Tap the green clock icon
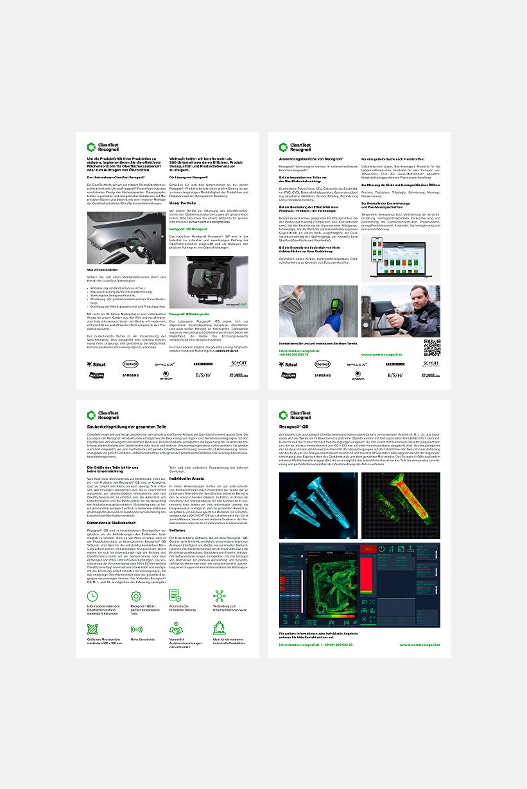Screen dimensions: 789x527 click(x=92, y=595)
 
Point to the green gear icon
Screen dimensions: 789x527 click(x=135, y=595)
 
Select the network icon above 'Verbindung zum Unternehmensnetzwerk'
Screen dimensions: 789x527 click(x=219, y=595)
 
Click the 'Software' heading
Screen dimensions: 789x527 click(x=177, y=530)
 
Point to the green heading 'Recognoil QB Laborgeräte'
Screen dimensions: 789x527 click(x=189, y=314)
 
